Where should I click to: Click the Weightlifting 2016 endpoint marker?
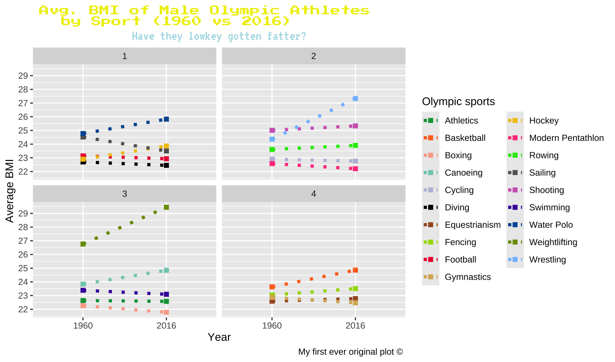tap(166, 207)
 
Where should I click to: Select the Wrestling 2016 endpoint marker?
tap(355, 99)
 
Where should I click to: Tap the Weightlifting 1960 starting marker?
tap(83, 244)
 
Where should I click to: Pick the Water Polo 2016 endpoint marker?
tap(166, 119)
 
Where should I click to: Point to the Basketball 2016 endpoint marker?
tap(355, 270)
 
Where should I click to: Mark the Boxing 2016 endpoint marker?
tap(166, 312)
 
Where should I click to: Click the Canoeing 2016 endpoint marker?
tap(166, 270)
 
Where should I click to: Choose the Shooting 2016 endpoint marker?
tap(355, 126)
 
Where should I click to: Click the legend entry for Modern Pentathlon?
tap(566, 138)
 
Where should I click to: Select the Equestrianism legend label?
tap(473, 225)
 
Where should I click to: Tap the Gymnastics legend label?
tap(468, 277)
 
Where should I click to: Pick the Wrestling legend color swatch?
tap(515, 259)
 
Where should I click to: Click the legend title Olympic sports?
tap(458, 101)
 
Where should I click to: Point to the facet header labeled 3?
tap(124, 194)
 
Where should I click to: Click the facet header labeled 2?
tap(314, 56)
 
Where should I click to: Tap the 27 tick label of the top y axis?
tap(23, 103)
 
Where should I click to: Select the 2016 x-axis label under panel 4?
tap(355, 326)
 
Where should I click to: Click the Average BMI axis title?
tap(9, 191)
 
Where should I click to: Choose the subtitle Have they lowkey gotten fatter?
tap(219, 37)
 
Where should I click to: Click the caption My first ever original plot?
tap(350, 352)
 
